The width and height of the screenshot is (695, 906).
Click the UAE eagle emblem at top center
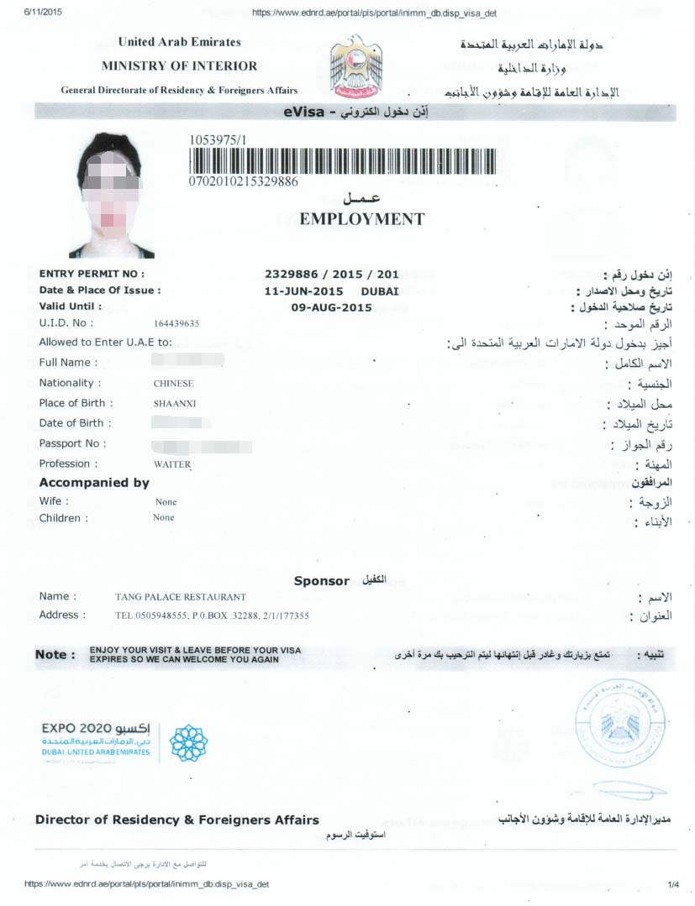(x=356, y=66)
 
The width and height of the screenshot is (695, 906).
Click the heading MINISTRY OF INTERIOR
(x=180, y=65)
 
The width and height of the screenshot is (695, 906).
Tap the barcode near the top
(x=350, y=161)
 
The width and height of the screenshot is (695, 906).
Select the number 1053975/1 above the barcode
(x=219, y=140)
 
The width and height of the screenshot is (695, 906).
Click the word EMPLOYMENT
(x=362, y=219)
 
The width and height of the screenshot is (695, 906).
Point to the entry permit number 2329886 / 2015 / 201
(x=332, y=274)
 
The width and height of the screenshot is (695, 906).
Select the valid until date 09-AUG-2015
(x=331, y=307)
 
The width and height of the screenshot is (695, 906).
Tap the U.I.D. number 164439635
(x=176, y=323)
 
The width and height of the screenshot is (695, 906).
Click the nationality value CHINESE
(x=173, y=384)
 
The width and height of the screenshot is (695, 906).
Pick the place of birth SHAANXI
(x=175, y=404)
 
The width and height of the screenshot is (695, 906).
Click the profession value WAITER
(x=172, y=464)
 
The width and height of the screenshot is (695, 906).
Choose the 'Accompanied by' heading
(x=94, y=483)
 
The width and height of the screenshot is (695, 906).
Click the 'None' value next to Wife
(x=166, y=502)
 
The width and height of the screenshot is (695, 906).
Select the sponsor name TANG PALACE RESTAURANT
(x=181, y=597)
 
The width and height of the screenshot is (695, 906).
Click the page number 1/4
(x=672, y=884)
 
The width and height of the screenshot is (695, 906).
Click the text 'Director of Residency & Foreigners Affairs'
(x=177, y=820)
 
